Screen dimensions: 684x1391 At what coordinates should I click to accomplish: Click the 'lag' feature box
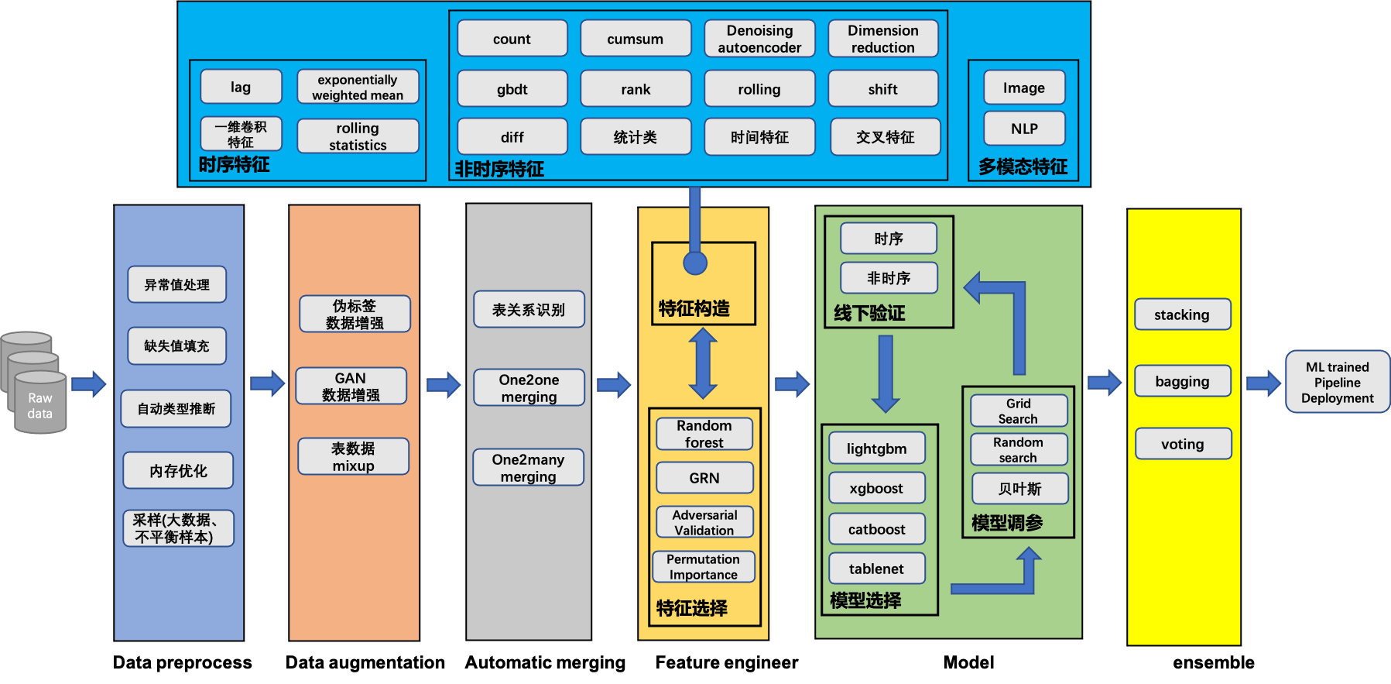[241, 87]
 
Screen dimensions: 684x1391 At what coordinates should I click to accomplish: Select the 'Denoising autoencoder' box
[759, 39]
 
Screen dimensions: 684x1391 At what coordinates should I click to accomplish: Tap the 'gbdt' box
[512, 89]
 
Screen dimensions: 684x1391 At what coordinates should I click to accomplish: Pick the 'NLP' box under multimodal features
[1024, 129]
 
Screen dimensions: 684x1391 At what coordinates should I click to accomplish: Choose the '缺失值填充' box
[176, 346]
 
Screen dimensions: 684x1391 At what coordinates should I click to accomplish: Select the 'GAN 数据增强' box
[351, 387]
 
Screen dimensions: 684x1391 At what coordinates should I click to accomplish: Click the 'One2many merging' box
[528, 468]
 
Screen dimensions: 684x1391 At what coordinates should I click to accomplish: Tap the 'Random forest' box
[704, 434]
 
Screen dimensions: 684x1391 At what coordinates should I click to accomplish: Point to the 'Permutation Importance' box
[703, 567]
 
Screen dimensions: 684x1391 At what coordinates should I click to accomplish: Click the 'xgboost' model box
[876, 488]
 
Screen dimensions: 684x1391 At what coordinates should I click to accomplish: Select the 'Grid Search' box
[1018, 411]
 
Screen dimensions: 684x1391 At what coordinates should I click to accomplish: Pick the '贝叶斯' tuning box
[1019, 489]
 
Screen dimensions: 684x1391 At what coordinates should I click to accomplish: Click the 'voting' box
[1182, 444]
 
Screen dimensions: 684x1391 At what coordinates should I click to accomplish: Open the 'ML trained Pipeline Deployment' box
[1337, 382]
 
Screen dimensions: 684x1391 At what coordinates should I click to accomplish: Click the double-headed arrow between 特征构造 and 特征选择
[703, 363]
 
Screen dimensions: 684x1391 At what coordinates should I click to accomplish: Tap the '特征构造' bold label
[694, 309]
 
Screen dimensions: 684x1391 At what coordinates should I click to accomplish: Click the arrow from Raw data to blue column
[88, 384]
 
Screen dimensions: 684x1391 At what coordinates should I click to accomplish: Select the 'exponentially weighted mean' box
[358, 87]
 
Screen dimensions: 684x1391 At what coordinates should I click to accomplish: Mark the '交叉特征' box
[885, 137]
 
